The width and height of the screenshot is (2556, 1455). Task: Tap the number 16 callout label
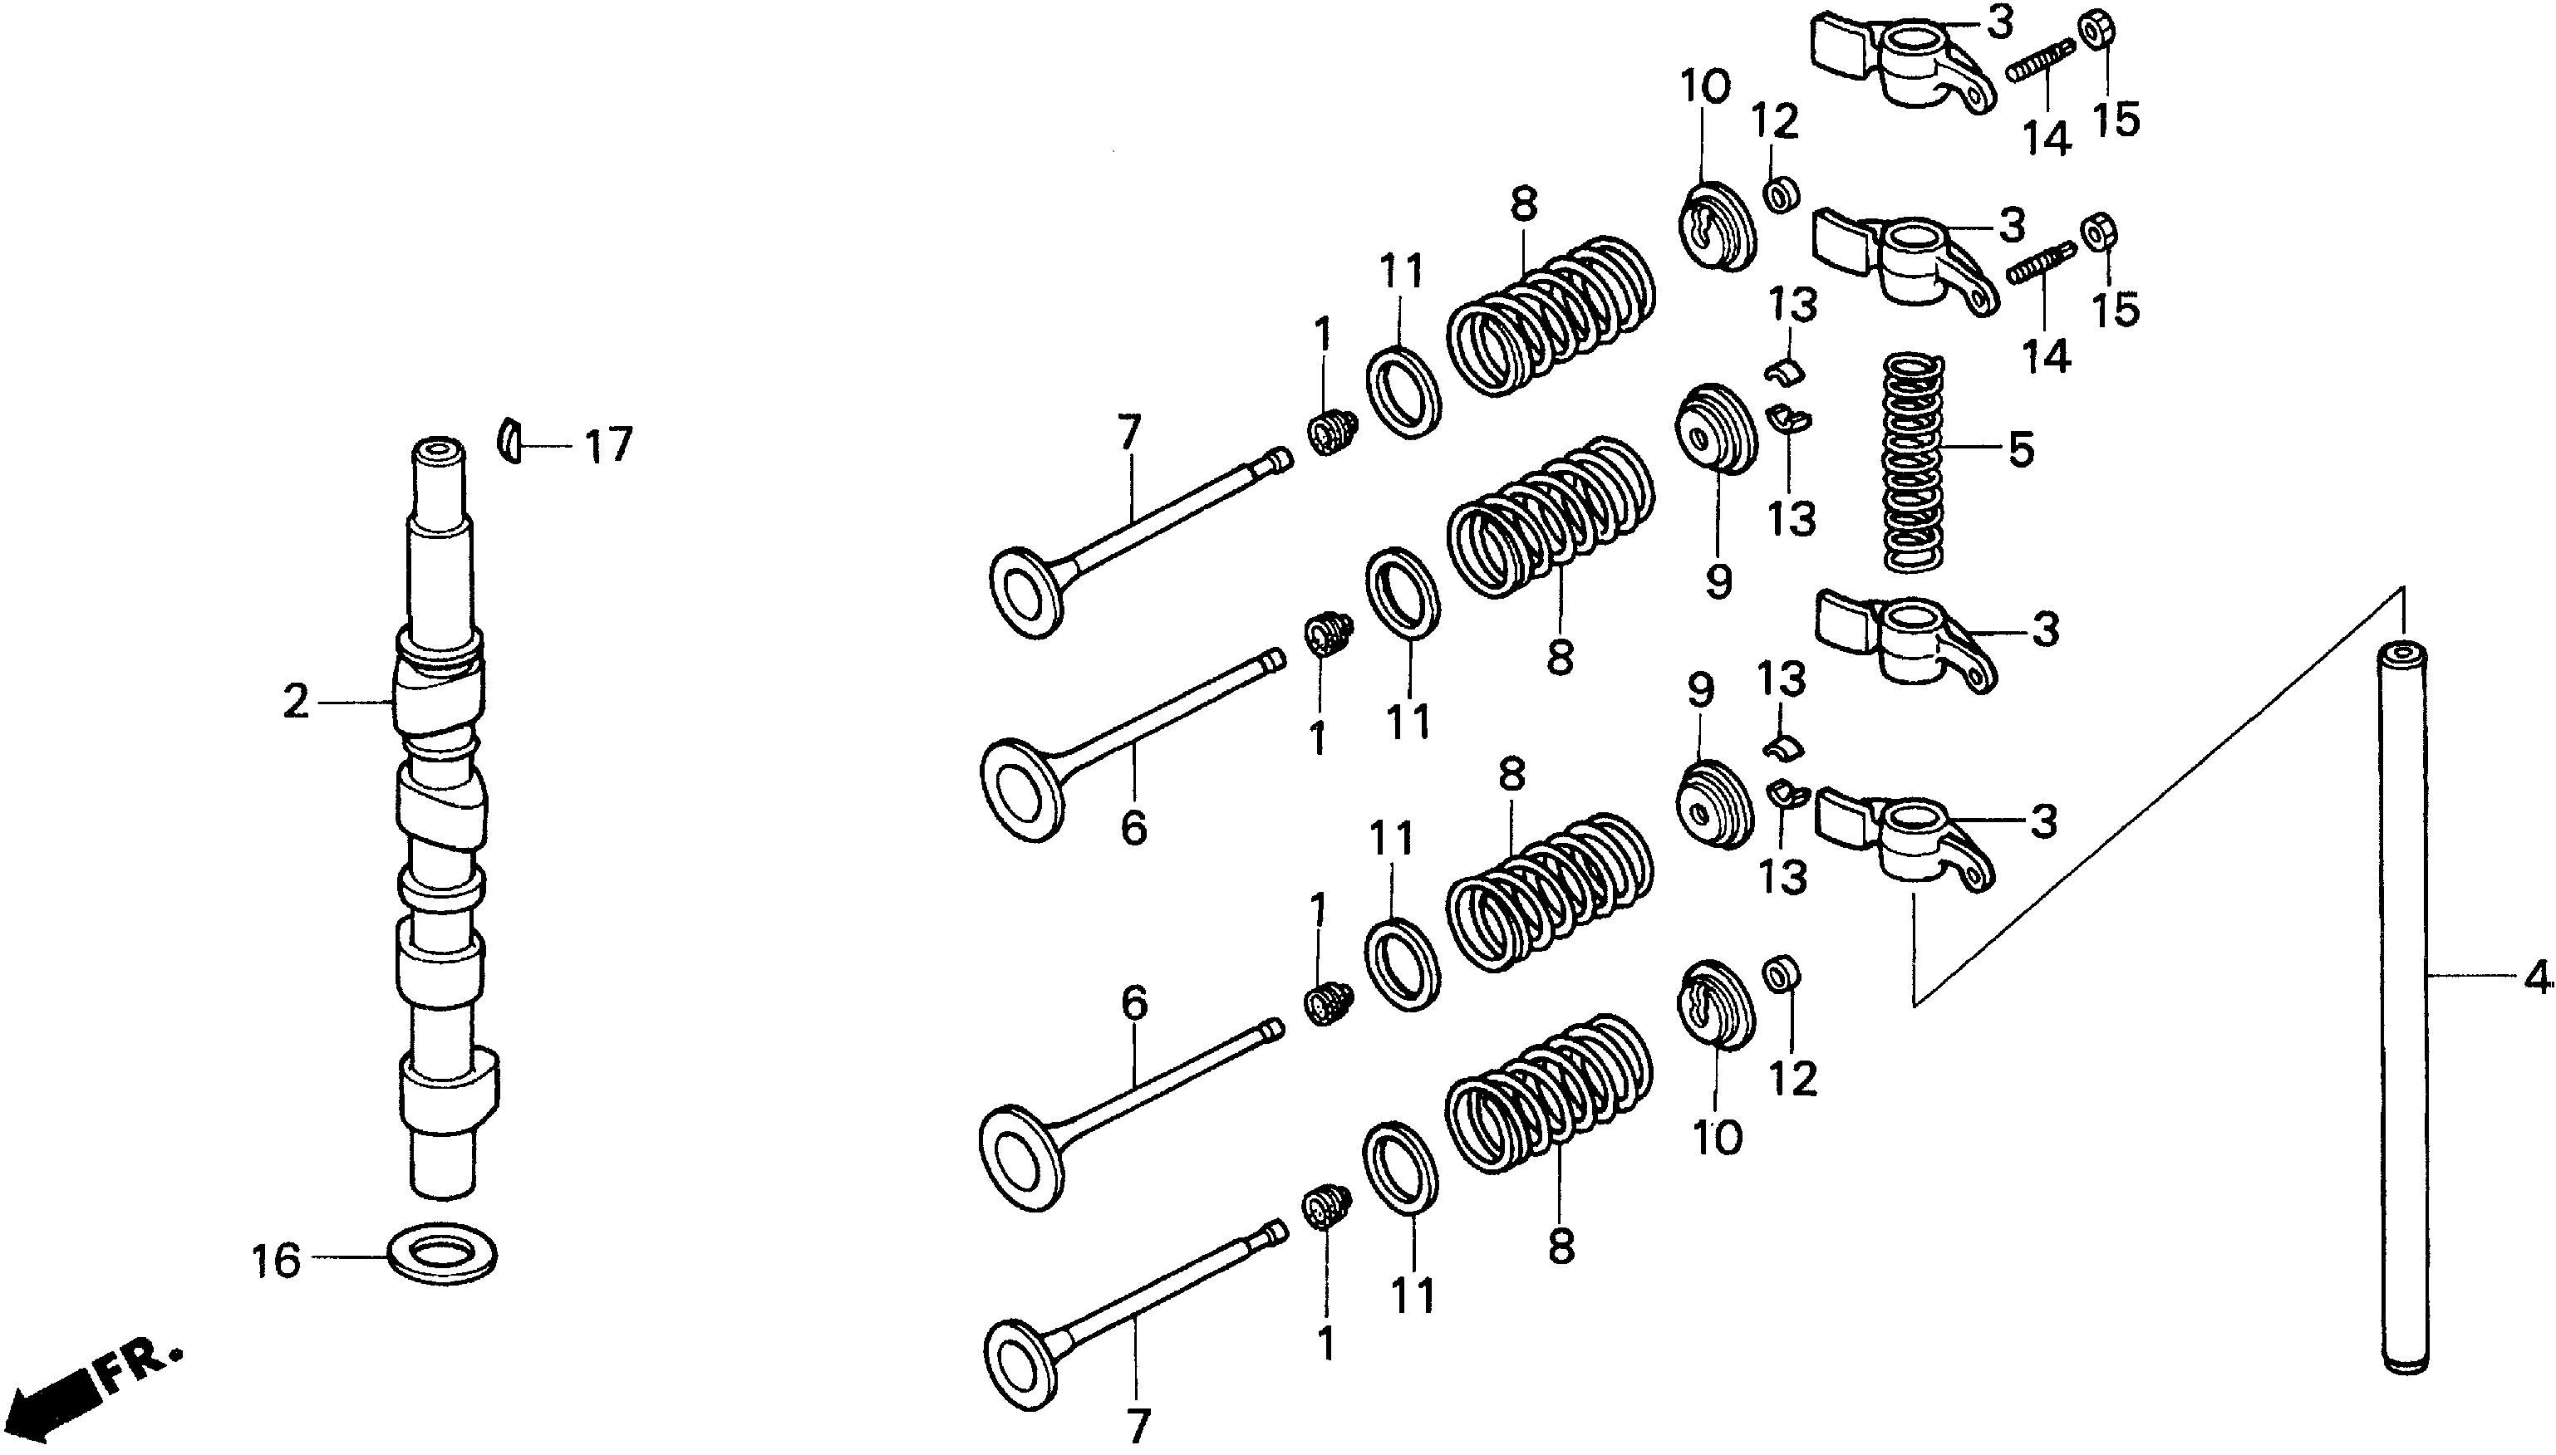pos(276,1261)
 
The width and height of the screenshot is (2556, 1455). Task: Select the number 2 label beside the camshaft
pos(296,703)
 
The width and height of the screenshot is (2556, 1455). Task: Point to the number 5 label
pos(2020,448)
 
